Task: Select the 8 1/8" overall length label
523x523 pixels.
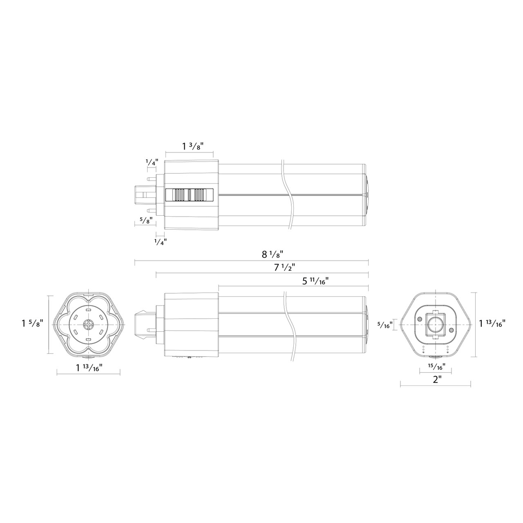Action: (x=272, y=254)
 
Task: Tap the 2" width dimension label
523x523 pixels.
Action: (x=438, y=379)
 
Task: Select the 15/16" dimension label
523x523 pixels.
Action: (x=436, y=366)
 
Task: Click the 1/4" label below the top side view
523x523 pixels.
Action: (x=160, y=241)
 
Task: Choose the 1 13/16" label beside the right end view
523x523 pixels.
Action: (x=492, y=324)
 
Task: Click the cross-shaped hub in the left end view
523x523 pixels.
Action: (x=88, y=324)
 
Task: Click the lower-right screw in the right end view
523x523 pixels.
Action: (x=451, y=330)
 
